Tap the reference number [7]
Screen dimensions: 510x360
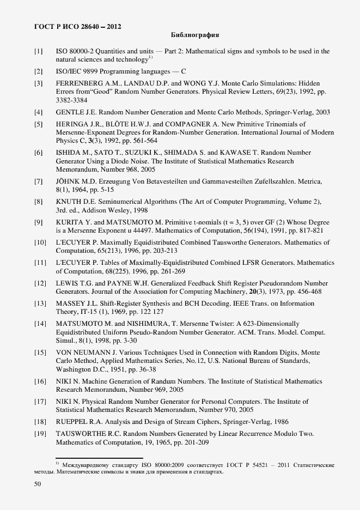click(x=39, y=181)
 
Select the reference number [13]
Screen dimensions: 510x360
click(x=40, y=303)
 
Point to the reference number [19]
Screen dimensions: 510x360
click(x=40, y=434)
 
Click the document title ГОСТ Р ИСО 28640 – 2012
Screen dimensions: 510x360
click(x=78, y=26)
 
